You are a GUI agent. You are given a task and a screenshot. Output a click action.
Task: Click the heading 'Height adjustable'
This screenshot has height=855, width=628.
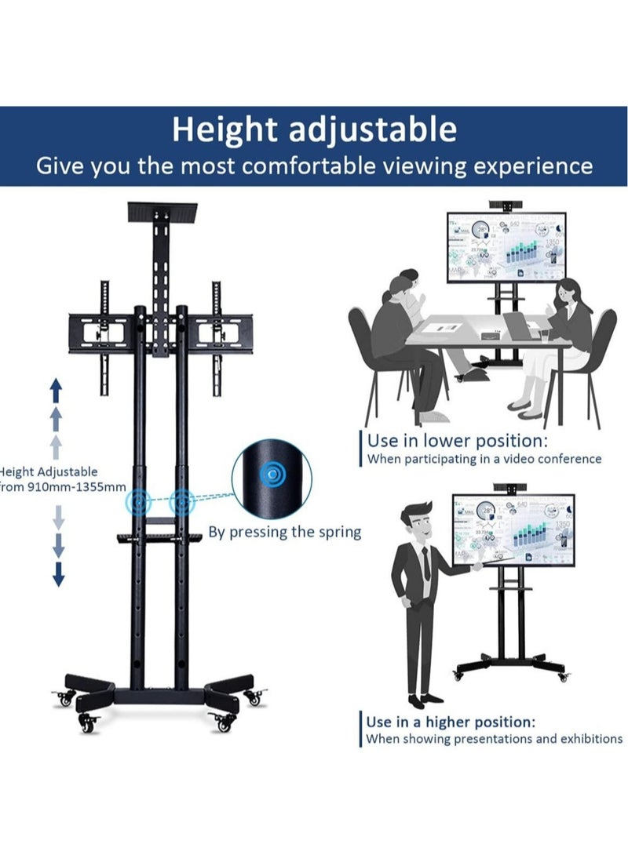click(314, 129)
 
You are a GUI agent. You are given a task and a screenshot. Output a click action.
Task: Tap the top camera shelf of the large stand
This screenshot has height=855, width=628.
click(162, 210)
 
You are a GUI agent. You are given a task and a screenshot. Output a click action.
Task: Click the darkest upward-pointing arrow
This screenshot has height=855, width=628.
click(57, 387)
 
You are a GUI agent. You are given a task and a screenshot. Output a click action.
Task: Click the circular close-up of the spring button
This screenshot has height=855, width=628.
click(272, 476)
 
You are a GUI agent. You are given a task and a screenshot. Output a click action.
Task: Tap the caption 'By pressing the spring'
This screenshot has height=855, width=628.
click(284, 532)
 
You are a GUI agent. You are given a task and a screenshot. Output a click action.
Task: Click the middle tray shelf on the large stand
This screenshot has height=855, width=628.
click(161, 537)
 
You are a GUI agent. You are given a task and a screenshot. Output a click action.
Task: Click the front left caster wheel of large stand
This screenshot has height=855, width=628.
click(87, 725)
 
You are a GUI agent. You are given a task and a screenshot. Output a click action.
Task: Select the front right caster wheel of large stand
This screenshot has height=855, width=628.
click(223, 723)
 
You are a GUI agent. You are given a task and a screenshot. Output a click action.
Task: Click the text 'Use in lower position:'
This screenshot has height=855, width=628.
click(458, 440)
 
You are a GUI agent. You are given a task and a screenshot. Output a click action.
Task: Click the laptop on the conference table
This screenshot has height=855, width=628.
click(518, 326)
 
